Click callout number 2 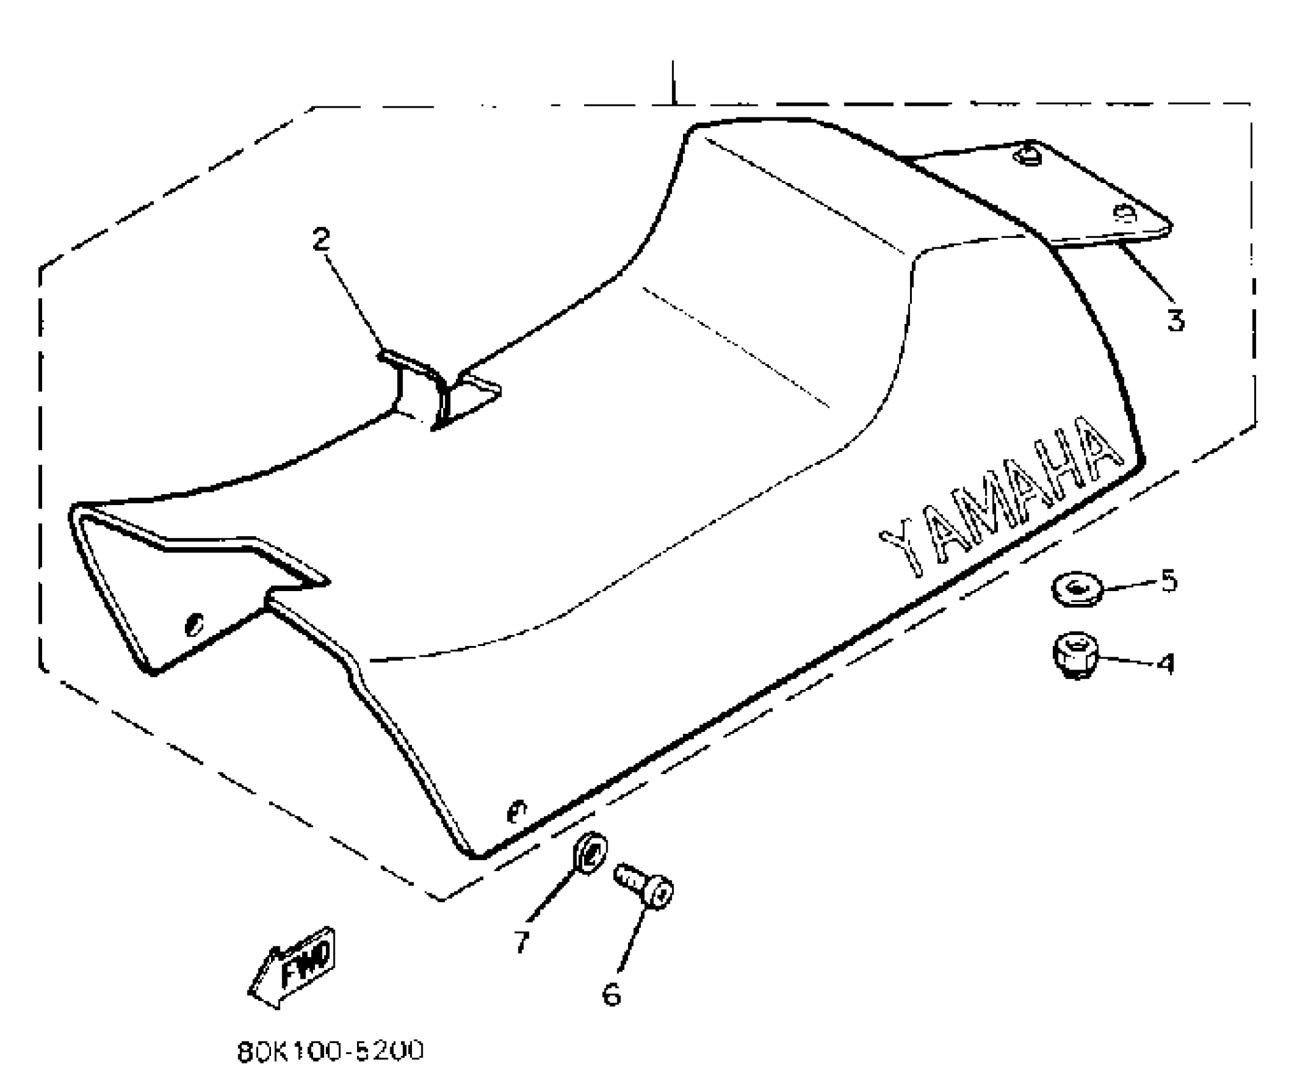coord(321,239)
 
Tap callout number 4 coord(1165,664)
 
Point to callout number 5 coord(1168,581)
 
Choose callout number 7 coord(522,941)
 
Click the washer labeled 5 coord(1077,589)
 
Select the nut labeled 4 coord(1075,655)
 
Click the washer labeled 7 coord(590,852)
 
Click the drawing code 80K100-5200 coord(330,1051)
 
